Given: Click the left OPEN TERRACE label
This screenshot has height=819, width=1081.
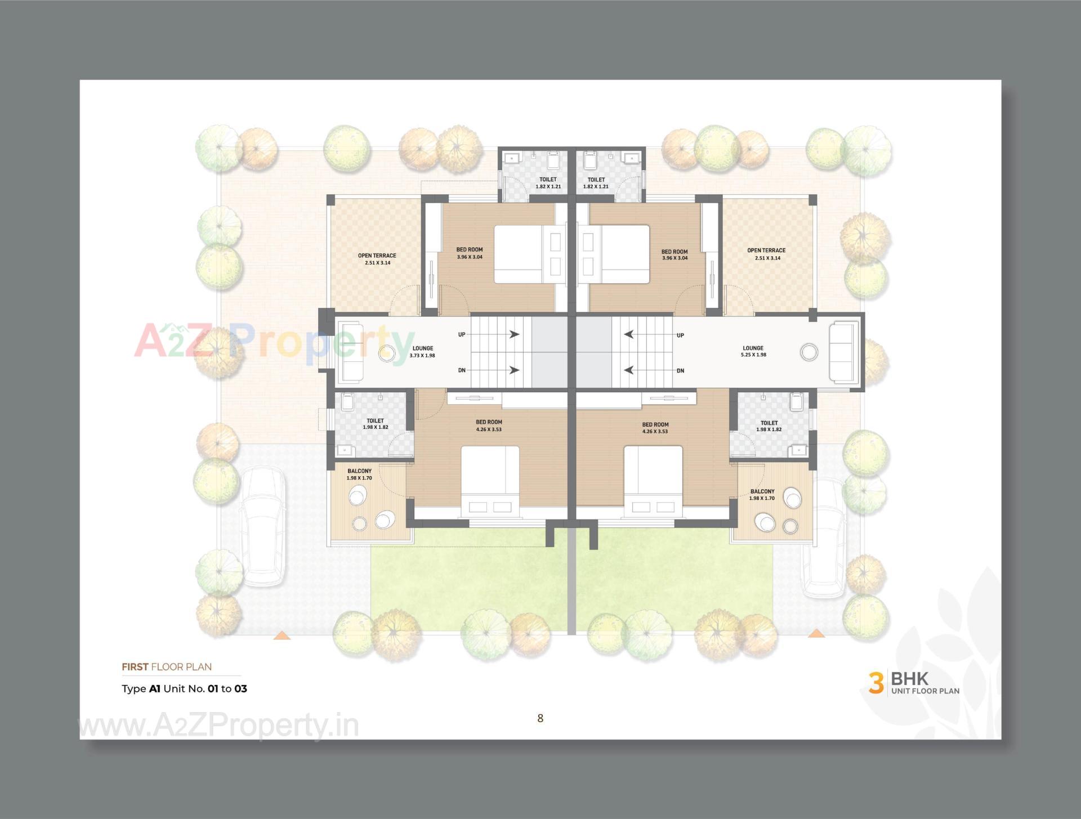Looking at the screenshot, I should [x=377, y=259].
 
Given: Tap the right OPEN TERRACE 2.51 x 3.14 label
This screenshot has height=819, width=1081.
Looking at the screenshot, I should [x=766, y=254].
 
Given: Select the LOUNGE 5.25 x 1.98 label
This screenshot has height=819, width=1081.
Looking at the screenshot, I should [x=753, y=351].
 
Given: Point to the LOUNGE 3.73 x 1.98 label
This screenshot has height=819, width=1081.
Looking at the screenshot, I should [x=422, y=352].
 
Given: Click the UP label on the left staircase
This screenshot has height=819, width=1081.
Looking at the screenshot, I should [x=462, y=334].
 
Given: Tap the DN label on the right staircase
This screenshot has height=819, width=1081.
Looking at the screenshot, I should [x=680, y=370].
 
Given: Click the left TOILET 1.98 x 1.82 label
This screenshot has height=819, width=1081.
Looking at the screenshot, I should [x=375, y=424].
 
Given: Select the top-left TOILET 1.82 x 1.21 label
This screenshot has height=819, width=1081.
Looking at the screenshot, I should [x=548, y=183].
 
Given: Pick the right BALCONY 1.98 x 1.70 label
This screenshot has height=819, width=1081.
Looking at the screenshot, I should [x=762, y=495].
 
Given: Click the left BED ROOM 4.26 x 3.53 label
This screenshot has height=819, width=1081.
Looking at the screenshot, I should [x=489, y=426].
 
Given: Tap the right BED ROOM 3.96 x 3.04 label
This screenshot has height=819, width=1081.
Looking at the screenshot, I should [x=674, y=255].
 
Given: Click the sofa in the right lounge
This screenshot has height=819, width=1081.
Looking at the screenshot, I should [x=843, y=352].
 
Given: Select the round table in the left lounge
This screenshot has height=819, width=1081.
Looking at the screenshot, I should [x=387, y=353].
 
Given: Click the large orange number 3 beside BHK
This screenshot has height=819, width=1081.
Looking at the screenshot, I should [x=875, y=682].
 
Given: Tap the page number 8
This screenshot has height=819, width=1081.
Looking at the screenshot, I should [x=540, y=718].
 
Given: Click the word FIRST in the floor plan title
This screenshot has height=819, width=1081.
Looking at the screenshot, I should [x=135, y=667].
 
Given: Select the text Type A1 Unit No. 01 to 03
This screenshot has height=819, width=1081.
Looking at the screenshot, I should [x=184, y=688].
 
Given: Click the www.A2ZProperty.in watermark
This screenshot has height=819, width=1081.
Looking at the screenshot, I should [x=218, y=726].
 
